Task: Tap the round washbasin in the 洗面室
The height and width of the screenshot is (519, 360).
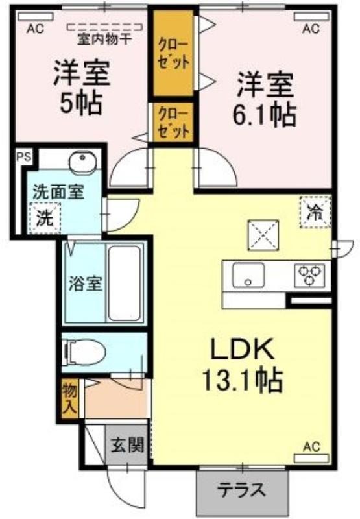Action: tap(82, 162)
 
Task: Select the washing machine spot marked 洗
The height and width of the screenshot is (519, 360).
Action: tap(45, 218)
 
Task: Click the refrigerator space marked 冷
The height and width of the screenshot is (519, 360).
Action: tap(315, 212)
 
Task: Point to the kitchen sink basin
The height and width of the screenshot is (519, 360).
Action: tap(248, 274)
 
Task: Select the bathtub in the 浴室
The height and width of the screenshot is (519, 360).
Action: tap(124, 284)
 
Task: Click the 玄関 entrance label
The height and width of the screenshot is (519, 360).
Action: tap(126, 444)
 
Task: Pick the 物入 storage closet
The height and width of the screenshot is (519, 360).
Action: tap(70, 400)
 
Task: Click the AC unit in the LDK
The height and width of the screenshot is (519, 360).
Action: tap(312, 459)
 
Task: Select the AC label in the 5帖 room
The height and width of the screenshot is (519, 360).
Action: tap(35, 29)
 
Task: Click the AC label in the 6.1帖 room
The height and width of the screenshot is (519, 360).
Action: tap(311, 29)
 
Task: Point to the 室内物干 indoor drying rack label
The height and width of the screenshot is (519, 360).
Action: tap(104, 40)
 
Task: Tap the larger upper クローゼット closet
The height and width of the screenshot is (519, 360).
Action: tap(173, 53)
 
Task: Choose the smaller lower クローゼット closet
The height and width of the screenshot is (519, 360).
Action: tap(173, 122)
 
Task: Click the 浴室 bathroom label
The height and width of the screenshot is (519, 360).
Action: tap(85, 284)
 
